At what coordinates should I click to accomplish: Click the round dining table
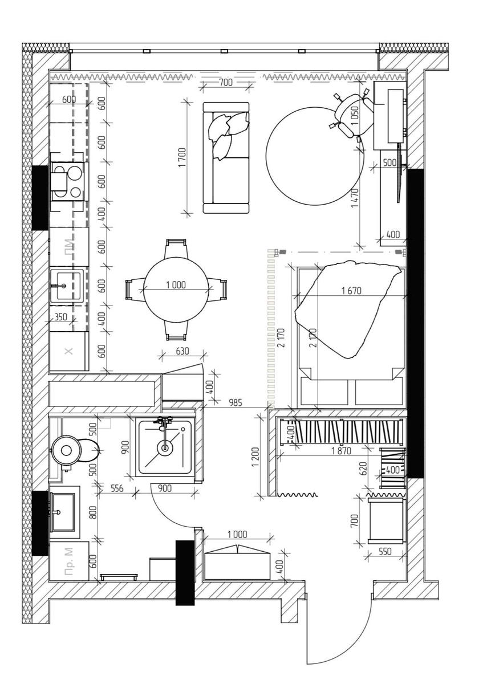[176, 289]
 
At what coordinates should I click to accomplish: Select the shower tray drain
[165, 448]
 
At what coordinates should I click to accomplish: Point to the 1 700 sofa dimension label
[182, 157]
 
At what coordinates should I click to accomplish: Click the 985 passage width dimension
[235, 402]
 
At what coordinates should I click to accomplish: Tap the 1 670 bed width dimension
[351, 290]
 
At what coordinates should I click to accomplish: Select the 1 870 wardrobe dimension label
[341, 450]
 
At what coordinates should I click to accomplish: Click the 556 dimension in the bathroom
[117, 488]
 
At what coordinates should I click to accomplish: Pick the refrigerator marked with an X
[69, 351]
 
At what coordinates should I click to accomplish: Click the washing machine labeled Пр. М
[69, 561]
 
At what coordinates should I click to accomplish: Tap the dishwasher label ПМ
[69, 245]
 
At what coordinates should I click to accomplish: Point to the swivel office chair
[353, 115]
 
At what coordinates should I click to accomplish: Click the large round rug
[315, 156]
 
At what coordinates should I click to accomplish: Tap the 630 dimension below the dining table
[182, 351]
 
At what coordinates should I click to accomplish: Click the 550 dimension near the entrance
[385, 551]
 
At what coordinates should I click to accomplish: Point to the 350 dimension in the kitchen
[61, 317]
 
